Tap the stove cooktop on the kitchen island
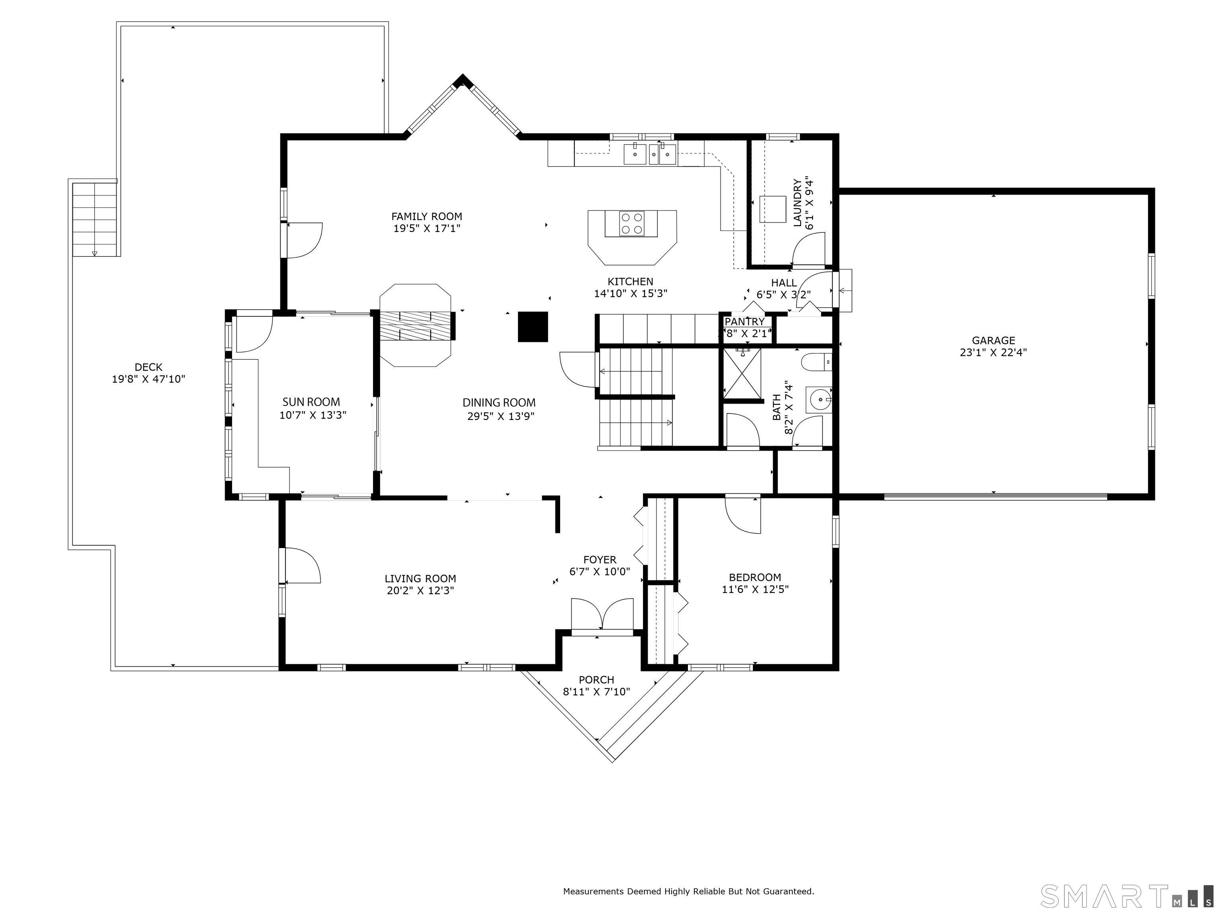click(631, 224)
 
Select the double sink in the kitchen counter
click(650, 154)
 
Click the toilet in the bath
click(816, 362)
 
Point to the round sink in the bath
click(818, 398)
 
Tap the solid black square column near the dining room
click(532, 327)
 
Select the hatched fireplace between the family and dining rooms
click(416, 326)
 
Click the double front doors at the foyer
click(602, 614)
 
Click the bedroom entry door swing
click(742, 515)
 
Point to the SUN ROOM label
click(311, 402)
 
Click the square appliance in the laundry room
click(772, 209)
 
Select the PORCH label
click(596, 680)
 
